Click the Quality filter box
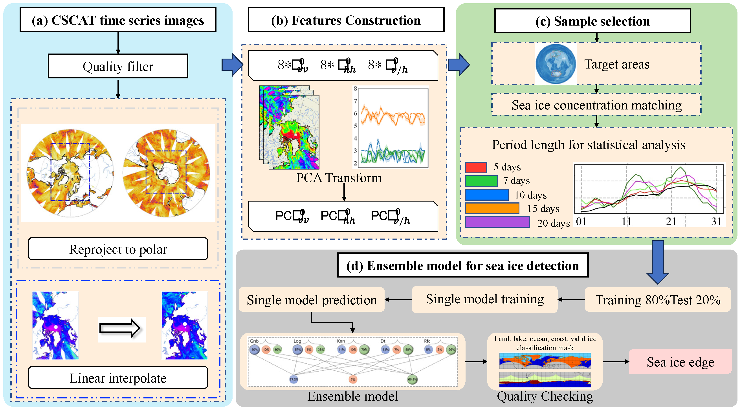(118, 66)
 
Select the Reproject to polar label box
(118, 249)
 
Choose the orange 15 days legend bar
(492, 208)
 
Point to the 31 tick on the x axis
(716, 222)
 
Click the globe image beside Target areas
(556, 64)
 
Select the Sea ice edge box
(680, 362)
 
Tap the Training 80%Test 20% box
(658, 300)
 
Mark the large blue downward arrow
(658, 262)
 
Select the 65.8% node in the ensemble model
(412, 379)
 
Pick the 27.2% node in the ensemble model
(294, 379)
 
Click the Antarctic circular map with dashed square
(166, 173)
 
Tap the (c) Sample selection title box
(592, 21)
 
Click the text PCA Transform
(339, 178)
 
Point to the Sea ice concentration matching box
(596, 105)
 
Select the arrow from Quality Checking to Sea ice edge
(616, 361)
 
